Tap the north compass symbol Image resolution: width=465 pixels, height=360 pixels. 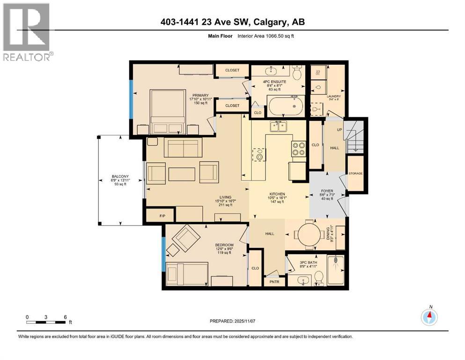coord(429,317)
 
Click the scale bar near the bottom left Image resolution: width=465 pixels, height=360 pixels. coord(46,322)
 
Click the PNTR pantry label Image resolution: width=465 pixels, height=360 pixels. coord(273,282)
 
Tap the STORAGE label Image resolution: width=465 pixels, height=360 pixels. coord(355,174)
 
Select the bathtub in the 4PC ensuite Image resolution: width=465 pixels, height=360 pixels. coord(286,106)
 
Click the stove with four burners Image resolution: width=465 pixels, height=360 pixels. coord(298,149)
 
